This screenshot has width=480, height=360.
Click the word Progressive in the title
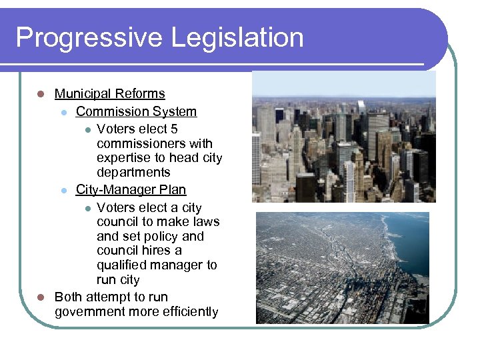tap(89, 38)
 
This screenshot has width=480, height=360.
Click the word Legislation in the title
tap(237, 38)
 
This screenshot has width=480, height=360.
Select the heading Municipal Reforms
tap(109, 94)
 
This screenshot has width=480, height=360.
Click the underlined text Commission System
tap(136, 112)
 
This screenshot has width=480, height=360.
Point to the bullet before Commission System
tap(63, 113)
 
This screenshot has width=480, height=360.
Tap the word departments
tap(133, 173)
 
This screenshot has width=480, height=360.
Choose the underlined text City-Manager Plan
tap(131, 190)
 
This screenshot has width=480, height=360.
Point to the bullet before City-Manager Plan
tap(63, 191)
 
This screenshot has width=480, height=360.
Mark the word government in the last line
tap(89, 312)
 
